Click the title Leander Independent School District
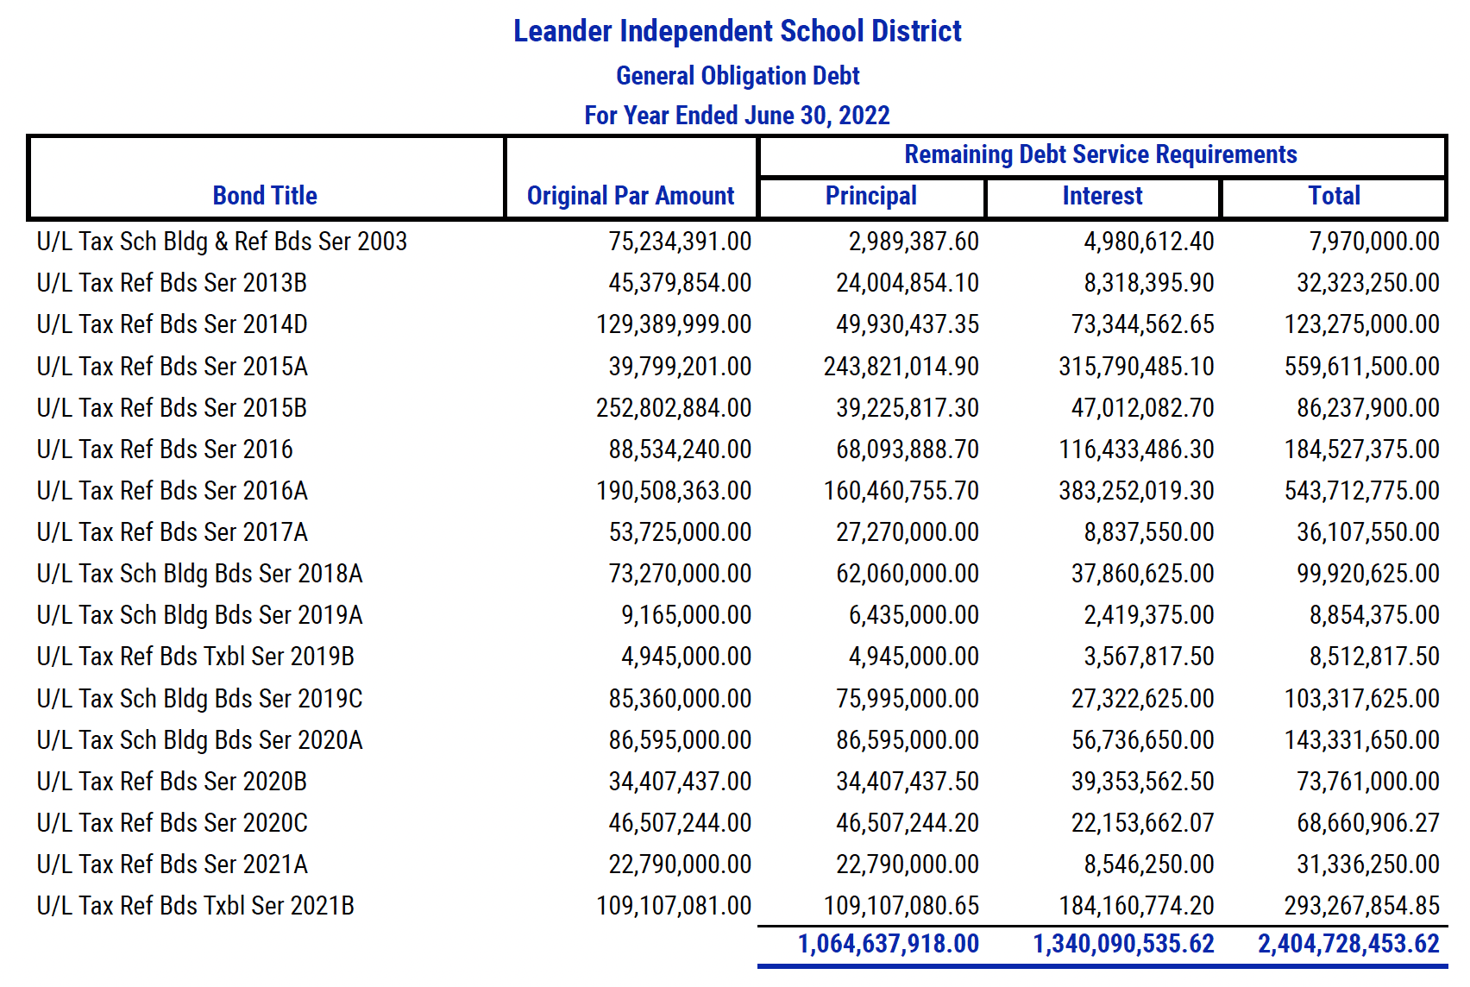point(737,31)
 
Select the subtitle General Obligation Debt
point(737,75)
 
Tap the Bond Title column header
point(265,196)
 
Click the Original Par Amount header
point(631,196)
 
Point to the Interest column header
point(1102,196)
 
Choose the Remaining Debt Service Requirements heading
point(1101,154)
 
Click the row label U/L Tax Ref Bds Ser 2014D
point(172,324)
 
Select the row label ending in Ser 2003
point(222,242)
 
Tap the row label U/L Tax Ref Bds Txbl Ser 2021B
point(196,906)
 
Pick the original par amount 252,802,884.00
point(673,407)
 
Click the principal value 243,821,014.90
point(901,366)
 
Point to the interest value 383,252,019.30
point(1136,491)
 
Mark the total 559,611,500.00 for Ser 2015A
point(1361,366)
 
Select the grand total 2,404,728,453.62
point(1348,944)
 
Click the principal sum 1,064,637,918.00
point(888,944)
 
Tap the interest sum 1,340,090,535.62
point(1123,944)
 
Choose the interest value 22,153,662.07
point(1142,823)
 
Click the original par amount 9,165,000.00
point(687,615)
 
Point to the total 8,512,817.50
point(1375,657)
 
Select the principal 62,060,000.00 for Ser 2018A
point(908,574)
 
